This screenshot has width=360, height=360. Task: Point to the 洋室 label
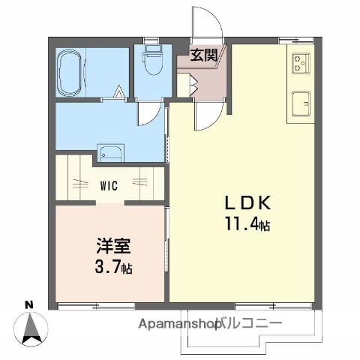pyautogui.click(x=110, y=245)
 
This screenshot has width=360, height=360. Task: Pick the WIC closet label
pyautogui.click(x=109, y=183)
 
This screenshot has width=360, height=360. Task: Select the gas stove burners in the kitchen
pyautogui.click(x=301, y=64)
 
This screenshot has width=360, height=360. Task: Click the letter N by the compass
pyautogui.click(x=28, y=304)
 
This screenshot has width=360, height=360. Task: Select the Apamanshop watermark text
pyautogui.click(x=179, y=324)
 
